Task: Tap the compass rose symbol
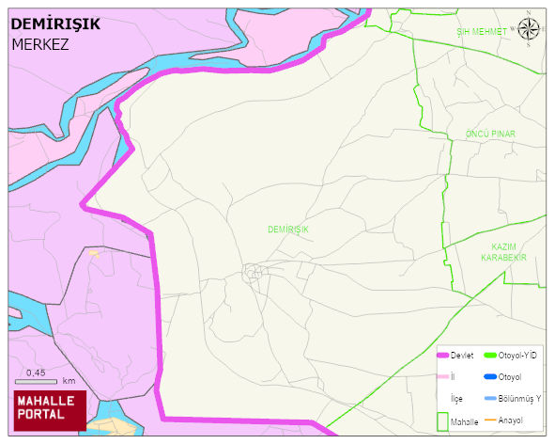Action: point(529,29)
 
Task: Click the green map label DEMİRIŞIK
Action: point(287,230)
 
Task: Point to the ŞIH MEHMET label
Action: point(481,32)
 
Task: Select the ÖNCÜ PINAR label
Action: point(491,135)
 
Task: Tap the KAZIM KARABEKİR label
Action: point(503,251)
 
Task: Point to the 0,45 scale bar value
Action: point(36,373)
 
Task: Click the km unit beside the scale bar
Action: point(69,381)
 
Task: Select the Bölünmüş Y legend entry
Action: point(519,399)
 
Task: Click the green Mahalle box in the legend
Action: point(441,420)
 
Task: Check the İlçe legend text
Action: point(457,399)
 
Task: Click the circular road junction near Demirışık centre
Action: point(252,273)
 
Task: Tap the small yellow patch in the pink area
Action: point(93,252)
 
